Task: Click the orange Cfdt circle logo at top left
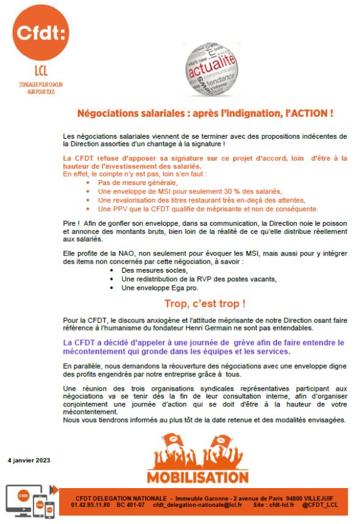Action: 40,32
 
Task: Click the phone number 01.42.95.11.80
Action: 91,505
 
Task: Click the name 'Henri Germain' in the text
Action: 220,326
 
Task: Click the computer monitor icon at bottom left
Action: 20,499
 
